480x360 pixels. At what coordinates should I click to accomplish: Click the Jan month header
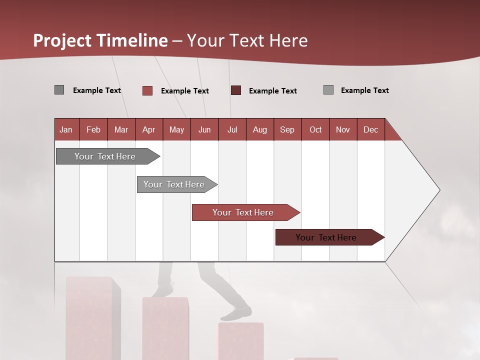[66, 129]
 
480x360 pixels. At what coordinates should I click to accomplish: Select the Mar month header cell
[121, 129]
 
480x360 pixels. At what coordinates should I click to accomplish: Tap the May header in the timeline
[176, 129]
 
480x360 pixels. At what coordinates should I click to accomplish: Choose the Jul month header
[232, 129]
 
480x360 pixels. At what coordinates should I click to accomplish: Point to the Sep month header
[287, 129]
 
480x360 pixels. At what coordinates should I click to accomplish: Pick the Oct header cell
[315, 129]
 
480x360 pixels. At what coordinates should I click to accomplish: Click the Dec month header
[370, 129]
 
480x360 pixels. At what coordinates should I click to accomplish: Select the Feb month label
[93, 129]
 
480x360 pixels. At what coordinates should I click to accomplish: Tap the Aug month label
[259, 129]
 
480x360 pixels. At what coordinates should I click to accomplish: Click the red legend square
[147, 90]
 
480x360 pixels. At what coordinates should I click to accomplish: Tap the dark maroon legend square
[236, 90]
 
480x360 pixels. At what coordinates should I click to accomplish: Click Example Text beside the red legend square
[185, 91]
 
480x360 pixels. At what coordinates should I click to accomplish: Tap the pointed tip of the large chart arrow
[439, 190]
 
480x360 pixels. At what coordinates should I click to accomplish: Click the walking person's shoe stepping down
[236, 314]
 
